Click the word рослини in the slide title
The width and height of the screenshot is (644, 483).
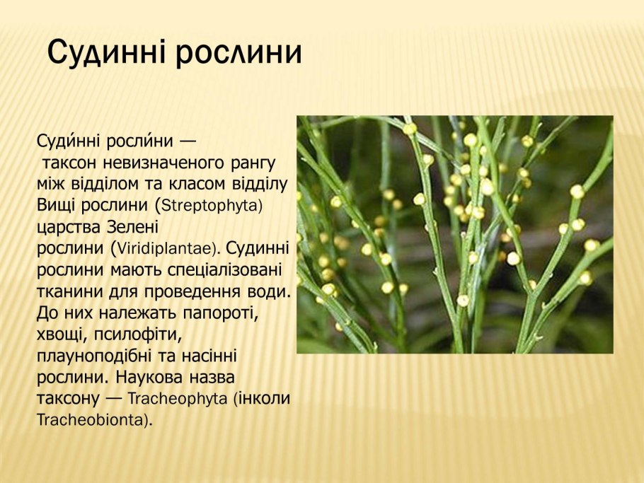click(240, 53)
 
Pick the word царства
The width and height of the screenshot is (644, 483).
click(68, 228)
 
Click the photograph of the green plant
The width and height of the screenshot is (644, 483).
click(454, 234)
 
